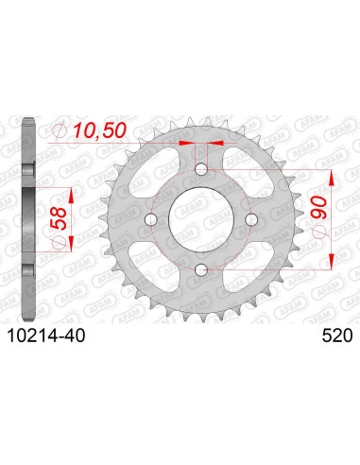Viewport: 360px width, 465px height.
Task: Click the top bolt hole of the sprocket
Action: tap(199, 170)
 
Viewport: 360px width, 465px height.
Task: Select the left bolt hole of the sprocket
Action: tap(149, 221)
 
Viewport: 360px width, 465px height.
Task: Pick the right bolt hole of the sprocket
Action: tap(250, 221)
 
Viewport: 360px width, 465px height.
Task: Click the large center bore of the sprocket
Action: tap(199, 221)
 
